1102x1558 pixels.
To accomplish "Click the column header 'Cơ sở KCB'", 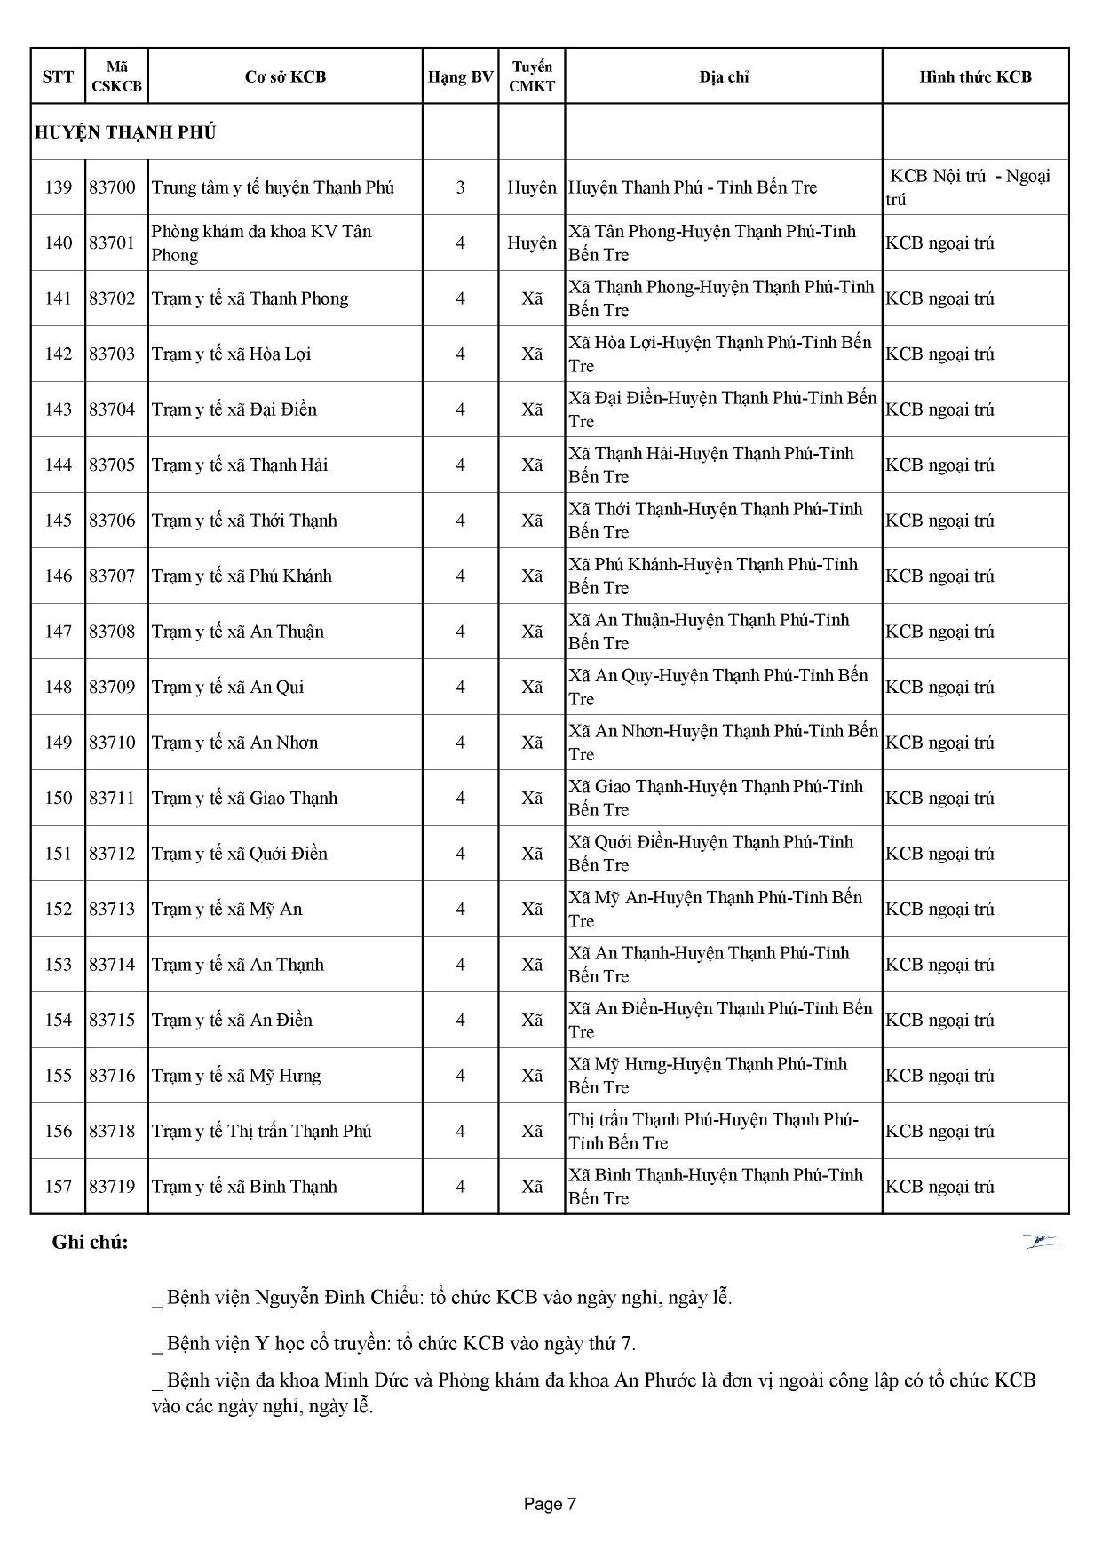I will [285, 77].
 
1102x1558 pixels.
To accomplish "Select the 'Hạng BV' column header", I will [460, 77].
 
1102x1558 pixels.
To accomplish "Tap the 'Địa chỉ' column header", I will [723, 77].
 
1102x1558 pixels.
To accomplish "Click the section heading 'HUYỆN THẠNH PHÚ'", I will [125, 133].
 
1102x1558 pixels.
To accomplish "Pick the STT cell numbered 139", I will [58, 187].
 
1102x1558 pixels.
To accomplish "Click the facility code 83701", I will [112, 242].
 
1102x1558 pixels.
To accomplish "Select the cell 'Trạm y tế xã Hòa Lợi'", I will [231, 354].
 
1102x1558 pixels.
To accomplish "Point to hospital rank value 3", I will [460, 187].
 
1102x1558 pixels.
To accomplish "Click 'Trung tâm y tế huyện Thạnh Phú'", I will [273, 187].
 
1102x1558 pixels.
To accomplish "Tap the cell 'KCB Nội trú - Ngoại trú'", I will [970, 187].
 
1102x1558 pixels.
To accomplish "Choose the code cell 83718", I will [112, 1131].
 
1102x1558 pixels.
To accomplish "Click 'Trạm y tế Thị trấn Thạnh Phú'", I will [261, 1131].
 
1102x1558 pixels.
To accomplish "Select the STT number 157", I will [58, 1187].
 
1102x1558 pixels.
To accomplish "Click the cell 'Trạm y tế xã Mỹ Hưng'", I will [235, 1076].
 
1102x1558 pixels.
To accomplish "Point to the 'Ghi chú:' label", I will [90, 1242].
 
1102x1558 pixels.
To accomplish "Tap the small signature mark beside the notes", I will [1042, 1241].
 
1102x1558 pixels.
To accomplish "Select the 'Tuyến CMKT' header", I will [531, 77].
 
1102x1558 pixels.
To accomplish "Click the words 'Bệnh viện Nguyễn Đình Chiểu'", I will [293, 1297].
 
